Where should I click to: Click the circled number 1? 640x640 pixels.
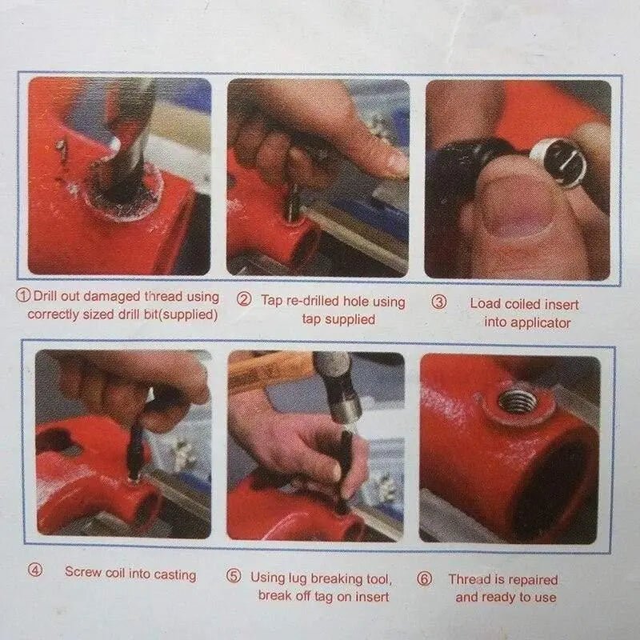pos(23,294)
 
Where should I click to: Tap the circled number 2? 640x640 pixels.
pos(244,299)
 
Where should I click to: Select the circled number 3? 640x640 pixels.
pos(439,302)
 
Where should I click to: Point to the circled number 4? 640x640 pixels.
pos(35,570)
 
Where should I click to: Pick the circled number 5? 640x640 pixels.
pos(234,576)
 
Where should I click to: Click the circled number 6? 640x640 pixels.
pos(425,578)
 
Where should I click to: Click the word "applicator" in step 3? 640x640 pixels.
pos(539,323)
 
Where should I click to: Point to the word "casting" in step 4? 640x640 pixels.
pos(175,574)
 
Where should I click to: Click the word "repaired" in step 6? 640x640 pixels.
pos(533,580)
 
